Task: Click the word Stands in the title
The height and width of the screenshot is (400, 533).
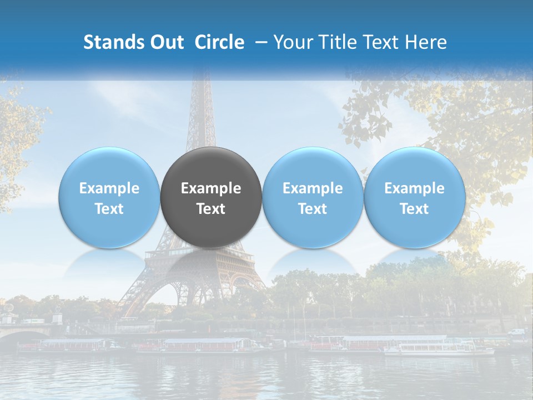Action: pyautogui.click(x=113, y=42)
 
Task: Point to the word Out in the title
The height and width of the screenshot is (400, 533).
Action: pyautogui.click(x=166, y=42)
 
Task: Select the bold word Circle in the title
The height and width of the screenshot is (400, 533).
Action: pyautogui.click(x=219, y=42)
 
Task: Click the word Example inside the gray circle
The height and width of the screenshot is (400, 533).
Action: pyautogui.click(x=211, y=188)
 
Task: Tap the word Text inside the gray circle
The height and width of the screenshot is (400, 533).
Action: pyautogui.click(x=211, y=209)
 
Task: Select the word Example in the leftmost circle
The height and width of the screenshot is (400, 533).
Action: pyautogui.click(x=109, y=188)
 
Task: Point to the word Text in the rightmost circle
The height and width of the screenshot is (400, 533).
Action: pyautogui.click(x=414, y=209)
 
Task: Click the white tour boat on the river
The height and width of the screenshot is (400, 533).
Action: pyautogui.click(x=439, y=349)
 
